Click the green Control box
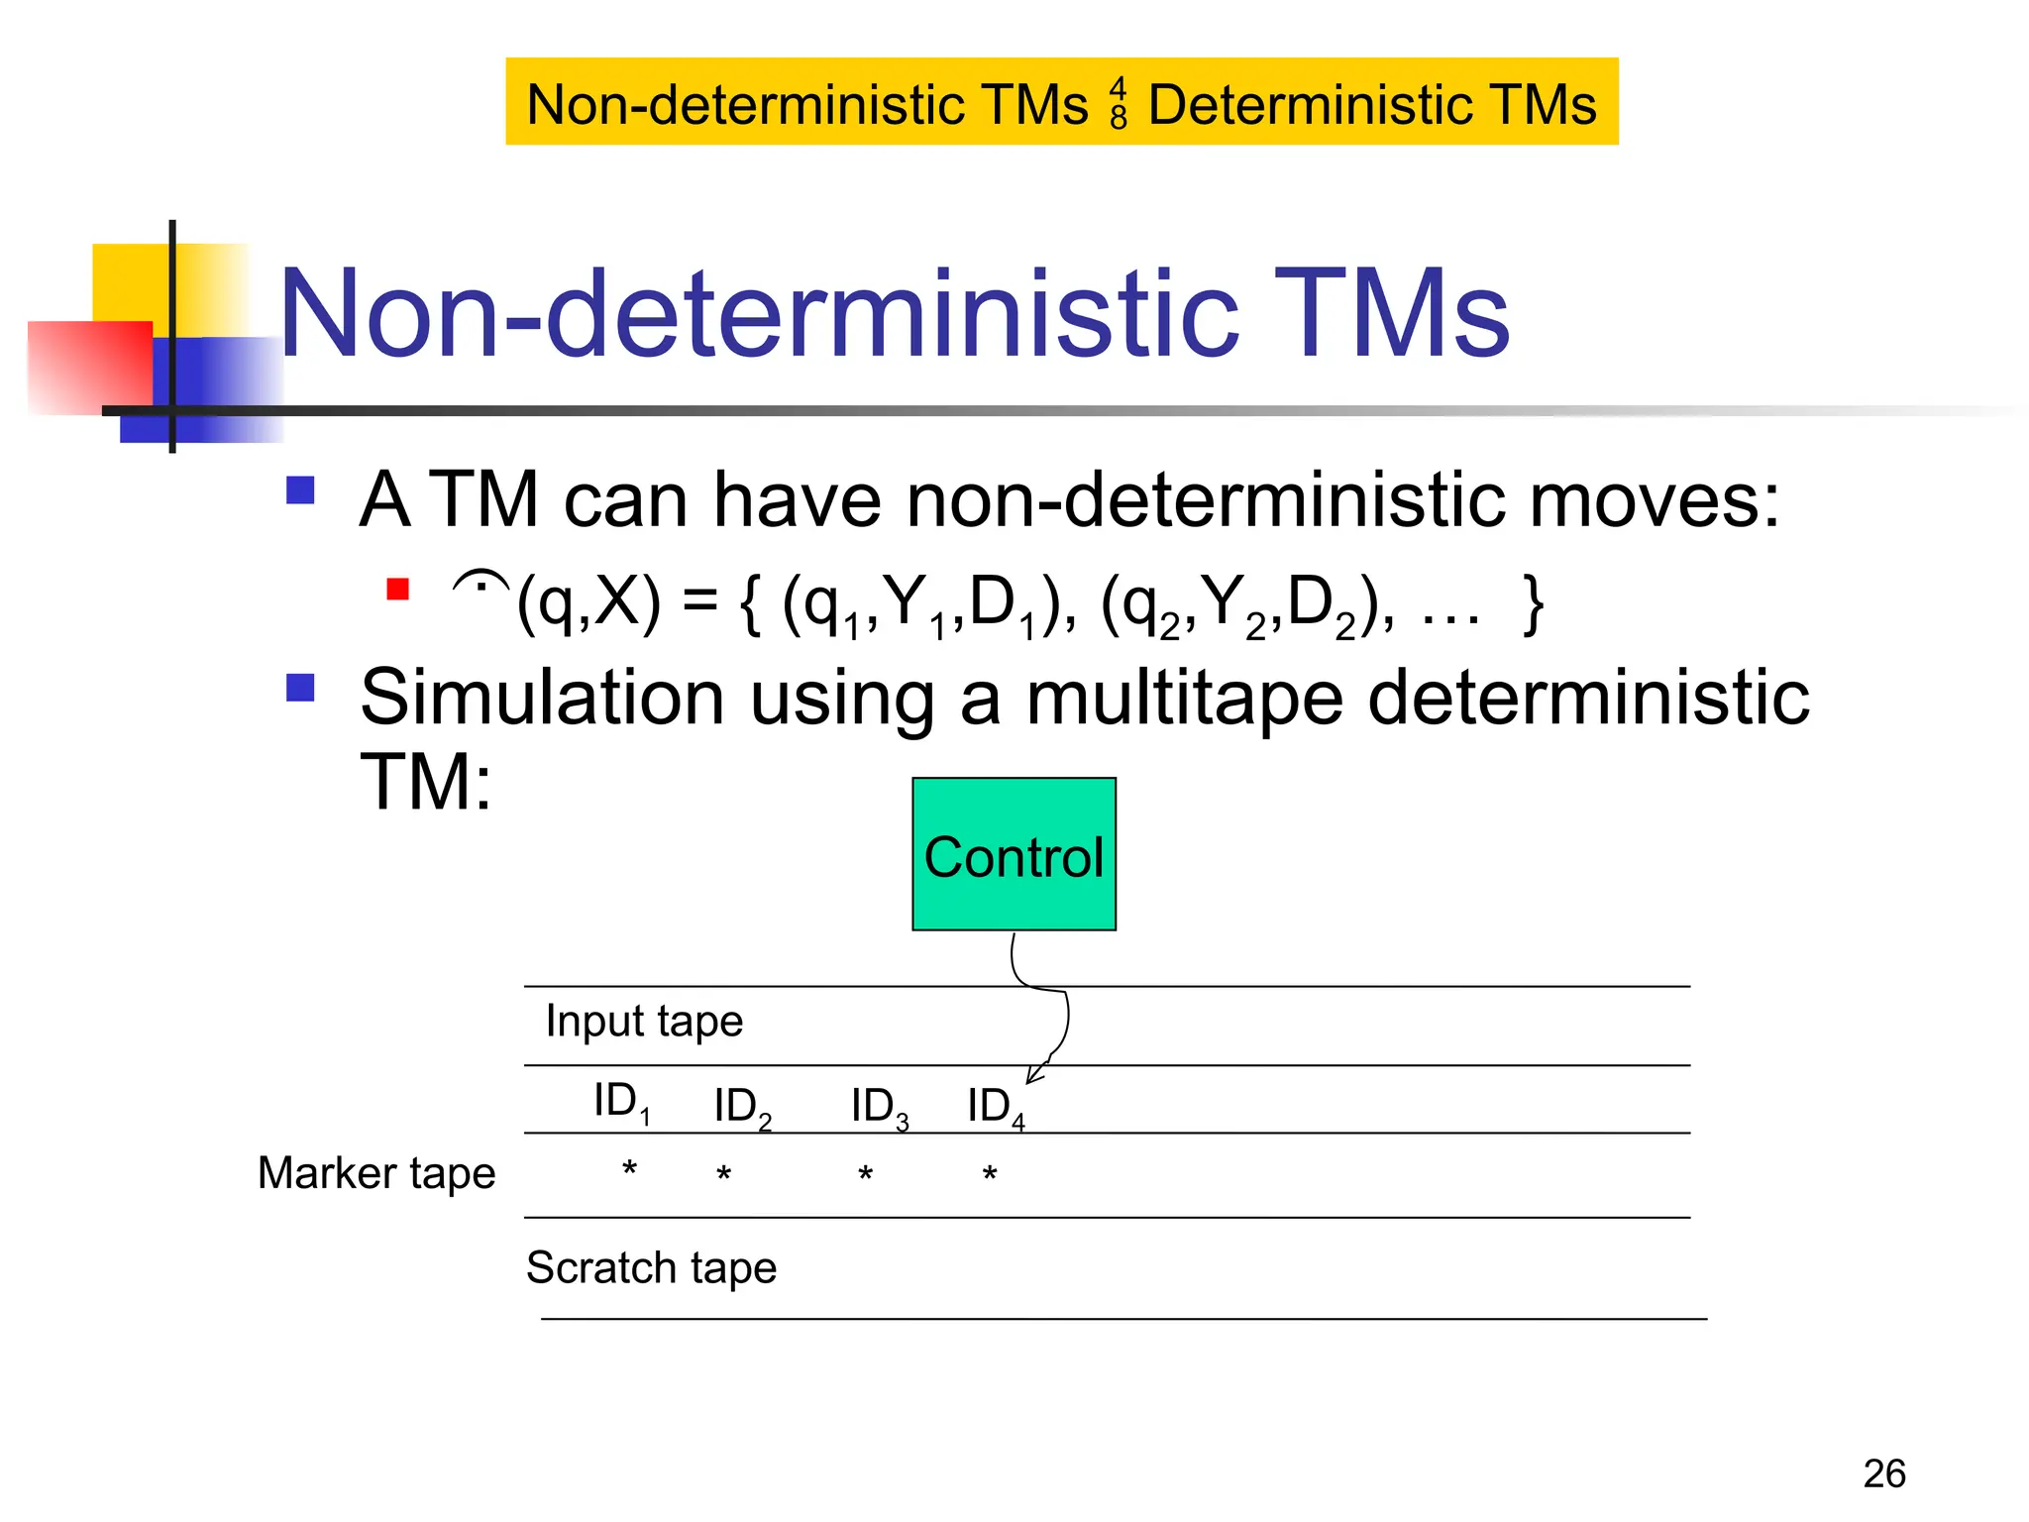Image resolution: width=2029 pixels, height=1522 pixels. coord(1014,853)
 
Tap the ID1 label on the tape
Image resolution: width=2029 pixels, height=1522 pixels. coord(621,1102)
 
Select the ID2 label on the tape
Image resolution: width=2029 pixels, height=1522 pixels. coord(741,1107)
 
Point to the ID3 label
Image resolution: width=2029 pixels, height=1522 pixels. coord(879,1107)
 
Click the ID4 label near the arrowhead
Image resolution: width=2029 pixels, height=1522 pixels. coord(995,1107)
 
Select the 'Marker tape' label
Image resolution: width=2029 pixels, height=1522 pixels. coord(376,1173)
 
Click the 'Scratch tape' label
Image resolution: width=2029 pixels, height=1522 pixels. coord(651,1268)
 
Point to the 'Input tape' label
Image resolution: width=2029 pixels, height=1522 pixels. coord(644,1021)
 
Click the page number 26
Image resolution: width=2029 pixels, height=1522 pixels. coord(1883,1473)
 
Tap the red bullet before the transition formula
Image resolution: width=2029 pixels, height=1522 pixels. coord(398,590)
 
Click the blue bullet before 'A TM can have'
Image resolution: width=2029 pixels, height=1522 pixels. coord(300,490)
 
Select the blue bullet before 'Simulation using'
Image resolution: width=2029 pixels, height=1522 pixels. coord(300,688)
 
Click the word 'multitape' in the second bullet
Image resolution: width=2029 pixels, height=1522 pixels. coord(1184,699)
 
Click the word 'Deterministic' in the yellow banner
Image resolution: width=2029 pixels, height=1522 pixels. coord(1309,104)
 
